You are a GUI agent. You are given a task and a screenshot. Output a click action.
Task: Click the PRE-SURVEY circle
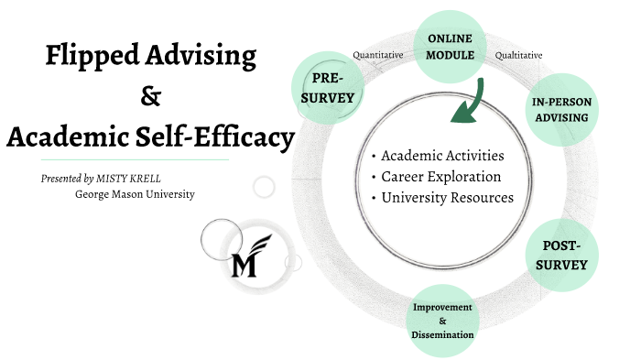pos(327,86)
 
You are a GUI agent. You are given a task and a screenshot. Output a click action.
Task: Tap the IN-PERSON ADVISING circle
pos(560,110)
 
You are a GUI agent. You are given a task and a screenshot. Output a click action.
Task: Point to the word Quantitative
pos(378,55)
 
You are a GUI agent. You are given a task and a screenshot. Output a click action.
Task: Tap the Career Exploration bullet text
pos(441,176)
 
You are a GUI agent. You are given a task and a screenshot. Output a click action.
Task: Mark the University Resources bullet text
pos(448,197)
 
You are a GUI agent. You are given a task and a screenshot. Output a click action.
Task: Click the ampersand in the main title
pos(149,95)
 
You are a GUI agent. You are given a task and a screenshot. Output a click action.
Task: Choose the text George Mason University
pos(135,194)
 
